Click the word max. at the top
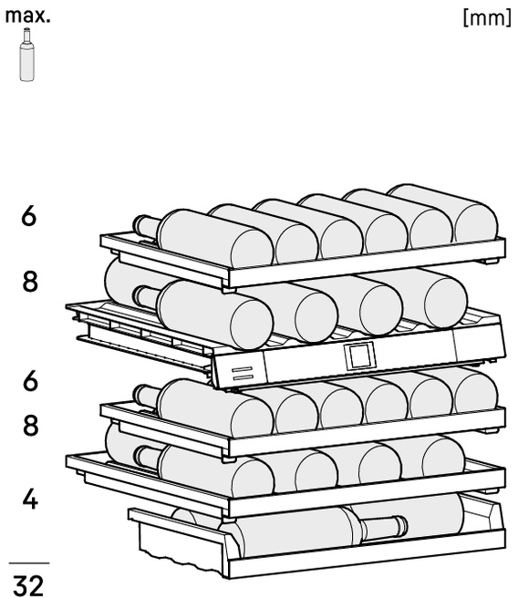27,16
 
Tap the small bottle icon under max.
26,55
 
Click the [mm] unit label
487,17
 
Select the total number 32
28,585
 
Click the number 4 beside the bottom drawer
30,500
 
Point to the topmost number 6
29,216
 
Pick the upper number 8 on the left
30,282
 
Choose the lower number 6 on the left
30,381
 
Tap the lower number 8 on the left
30,426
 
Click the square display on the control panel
359,356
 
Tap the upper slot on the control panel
242,369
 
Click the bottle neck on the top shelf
146,226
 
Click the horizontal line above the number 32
29,562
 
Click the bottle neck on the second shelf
146,296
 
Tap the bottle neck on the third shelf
146,396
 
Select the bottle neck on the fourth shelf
147,457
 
